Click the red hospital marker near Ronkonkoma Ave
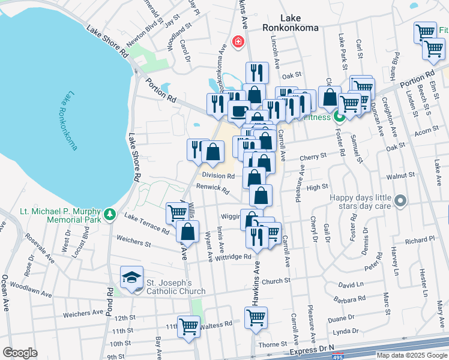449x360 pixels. (238, 41)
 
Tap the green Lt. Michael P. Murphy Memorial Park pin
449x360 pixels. (109, 214)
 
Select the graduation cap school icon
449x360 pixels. (131, 277)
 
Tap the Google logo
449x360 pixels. (20, 353)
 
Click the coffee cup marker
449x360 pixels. (240, 111)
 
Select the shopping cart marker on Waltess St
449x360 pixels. (188, 326)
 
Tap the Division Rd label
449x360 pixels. (218, 176)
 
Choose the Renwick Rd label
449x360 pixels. (213, 189)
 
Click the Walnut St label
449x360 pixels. (400, 176)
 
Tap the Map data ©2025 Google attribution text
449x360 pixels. (412, 355)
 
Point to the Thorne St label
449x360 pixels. (273, 344)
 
